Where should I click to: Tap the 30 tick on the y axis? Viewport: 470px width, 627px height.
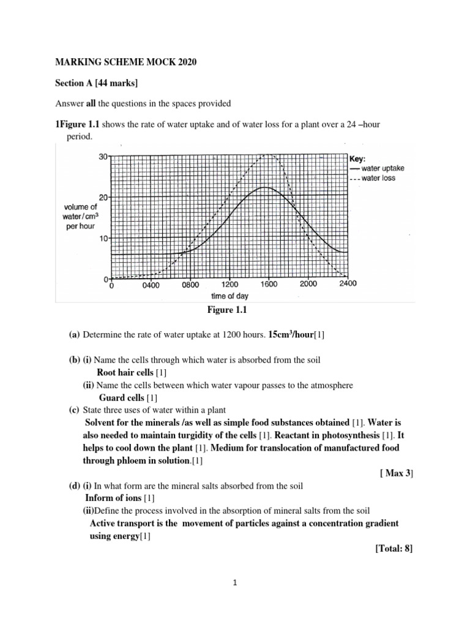click(102, 157)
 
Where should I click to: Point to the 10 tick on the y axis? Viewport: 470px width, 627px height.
click(102, 238)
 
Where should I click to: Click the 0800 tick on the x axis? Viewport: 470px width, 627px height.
click(190, 285)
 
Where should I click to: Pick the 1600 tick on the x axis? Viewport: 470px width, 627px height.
click(269, 285)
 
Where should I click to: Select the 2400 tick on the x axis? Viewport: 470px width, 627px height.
click(347, 284)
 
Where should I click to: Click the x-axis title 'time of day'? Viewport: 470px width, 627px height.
click(231, 296)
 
